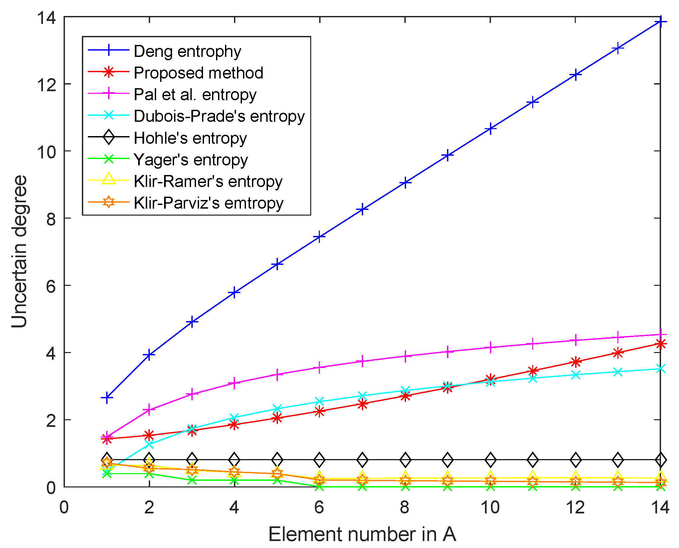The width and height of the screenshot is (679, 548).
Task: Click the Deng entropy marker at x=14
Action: (661, 22)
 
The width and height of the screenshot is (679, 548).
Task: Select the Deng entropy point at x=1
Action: (107, 398)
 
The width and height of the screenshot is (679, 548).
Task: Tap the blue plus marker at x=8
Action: (405, 182)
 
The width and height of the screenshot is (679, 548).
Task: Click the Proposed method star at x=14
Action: (661, 344)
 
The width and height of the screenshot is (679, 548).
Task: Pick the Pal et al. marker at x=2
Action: (149, 410)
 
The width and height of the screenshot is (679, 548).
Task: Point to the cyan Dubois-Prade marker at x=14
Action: (661, 369)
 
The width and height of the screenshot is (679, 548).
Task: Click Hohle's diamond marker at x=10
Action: (490, 460)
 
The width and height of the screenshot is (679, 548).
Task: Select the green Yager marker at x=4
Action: (235, 480)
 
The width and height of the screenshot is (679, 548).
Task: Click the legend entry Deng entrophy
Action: (187, 51)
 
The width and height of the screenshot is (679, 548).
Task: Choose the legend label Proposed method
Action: (198, 73)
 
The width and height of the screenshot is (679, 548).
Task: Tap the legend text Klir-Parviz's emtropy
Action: (208, 203)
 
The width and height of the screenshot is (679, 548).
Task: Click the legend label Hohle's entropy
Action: (190, 138)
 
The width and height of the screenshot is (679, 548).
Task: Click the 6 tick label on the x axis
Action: (320, 507)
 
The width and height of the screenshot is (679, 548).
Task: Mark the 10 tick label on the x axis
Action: (490, 507)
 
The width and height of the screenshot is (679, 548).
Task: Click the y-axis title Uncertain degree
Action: (19, 251)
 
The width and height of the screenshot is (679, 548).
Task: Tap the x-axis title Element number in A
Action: (362, 534)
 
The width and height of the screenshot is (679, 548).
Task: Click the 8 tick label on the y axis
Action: (51, 219)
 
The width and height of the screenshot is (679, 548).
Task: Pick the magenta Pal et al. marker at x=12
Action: (575, 340)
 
